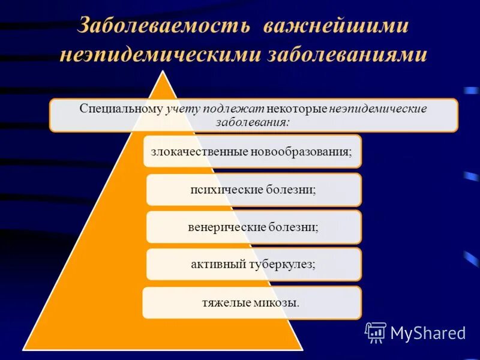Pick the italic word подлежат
point(227,109)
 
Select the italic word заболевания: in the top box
point(253,122)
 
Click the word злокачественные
point(199,151)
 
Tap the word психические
point(224,190)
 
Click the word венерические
point(223,227)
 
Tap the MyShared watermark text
point(428,333)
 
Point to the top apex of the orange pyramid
point(163,71)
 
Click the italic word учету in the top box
point(182,109)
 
